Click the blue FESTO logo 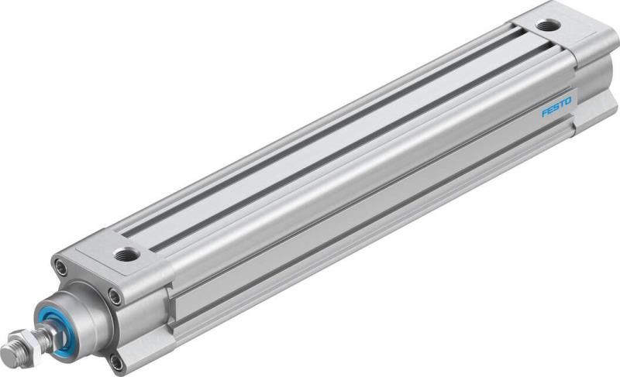[556, 108]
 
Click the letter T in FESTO [562, 104]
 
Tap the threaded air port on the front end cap [126, 254]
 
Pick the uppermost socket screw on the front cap [61, 268]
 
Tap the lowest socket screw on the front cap [115, 361]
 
